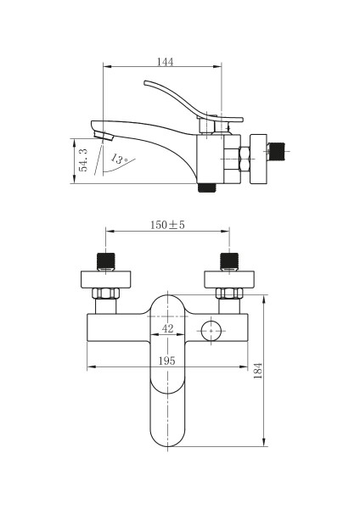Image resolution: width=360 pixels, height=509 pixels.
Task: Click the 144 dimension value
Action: point(166,62)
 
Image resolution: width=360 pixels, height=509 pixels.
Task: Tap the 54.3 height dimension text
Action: point(83,160)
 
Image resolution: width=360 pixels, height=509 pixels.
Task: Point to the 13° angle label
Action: point(119,159)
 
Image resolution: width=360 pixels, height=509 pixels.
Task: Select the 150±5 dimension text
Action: point(167,225)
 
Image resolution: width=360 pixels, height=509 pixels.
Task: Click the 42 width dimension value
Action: point(167,328)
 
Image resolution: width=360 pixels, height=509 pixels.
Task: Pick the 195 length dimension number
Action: point(167,361)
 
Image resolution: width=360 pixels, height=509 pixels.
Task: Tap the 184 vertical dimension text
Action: point(257,371)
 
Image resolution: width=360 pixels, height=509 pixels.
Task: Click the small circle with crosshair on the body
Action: point(211,331)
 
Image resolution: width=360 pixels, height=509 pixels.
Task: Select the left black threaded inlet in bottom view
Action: point(106,261)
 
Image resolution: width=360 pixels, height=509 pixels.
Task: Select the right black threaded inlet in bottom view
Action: point(229,261)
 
